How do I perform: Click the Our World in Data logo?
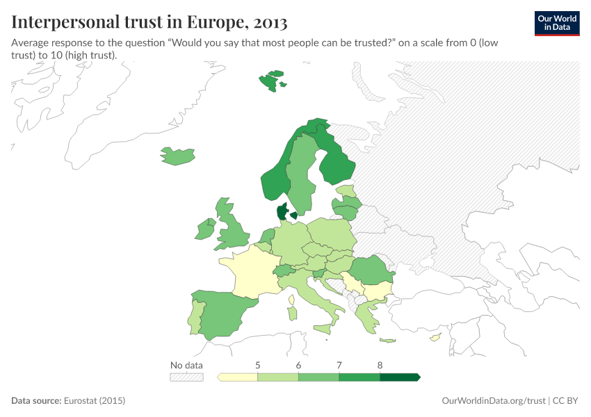coord(556,23)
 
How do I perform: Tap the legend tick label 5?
coord(258,365)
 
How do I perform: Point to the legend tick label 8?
coord(380,365)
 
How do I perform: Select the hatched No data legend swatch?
coord(186,377)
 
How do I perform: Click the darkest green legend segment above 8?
coord(399,377)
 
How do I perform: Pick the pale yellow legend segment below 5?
coord(238,377)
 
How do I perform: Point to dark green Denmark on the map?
coord(282,212)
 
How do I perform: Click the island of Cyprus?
coord(435,338)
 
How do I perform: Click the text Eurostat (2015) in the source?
coord(94,401)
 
